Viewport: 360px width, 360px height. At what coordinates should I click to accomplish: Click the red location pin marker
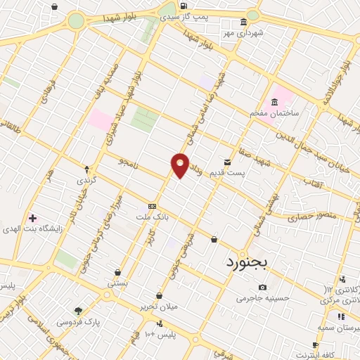[x=181, y=164]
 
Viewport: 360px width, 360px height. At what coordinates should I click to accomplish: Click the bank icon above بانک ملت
[x=152, y=206]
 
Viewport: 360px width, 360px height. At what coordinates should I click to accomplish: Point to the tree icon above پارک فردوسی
[x=78, y=311]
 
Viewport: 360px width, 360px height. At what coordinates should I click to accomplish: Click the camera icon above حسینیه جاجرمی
[x=262, y=287]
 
